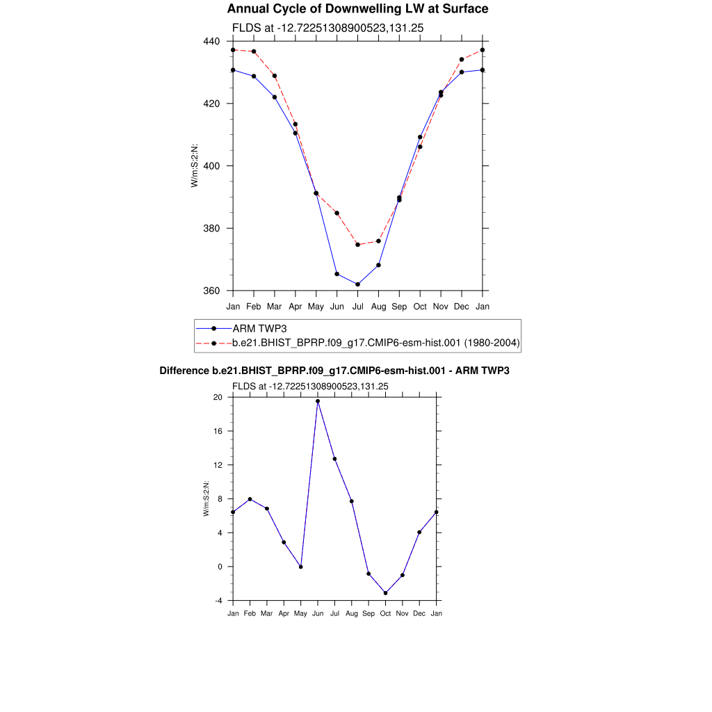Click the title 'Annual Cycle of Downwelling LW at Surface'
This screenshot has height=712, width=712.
[357, 9]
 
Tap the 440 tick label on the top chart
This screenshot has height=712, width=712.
[212, 41]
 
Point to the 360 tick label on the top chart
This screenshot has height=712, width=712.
[212, 291]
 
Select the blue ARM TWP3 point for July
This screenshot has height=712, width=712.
[357, 284]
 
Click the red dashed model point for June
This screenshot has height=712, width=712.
[337, 213]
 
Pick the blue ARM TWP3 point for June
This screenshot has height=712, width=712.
[337, 274]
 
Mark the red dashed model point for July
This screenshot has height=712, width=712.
[357, 245]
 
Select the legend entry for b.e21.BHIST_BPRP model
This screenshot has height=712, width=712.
[375, 343]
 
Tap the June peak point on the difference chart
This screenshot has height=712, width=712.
[318, 401]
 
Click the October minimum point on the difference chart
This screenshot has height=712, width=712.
[385, 593]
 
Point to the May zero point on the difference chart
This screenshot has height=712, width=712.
[300, 567]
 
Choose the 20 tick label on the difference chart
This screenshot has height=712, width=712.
[218, 397]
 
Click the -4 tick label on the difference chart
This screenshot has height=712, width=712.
[218, 601]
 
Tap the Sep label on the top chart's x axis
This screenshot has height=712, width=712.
[399, 306]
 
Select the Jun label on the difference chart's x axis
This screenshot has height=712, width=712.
[318, 613]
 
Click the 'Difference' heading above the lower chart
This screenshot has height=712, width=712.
[334, 371]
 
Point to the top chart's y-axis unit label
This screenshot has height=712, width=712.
[195, 165]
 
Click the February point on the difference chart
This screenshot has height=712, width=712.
[250, 499]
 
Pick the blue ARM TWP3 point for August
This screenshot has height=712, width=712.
[378, 265]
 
